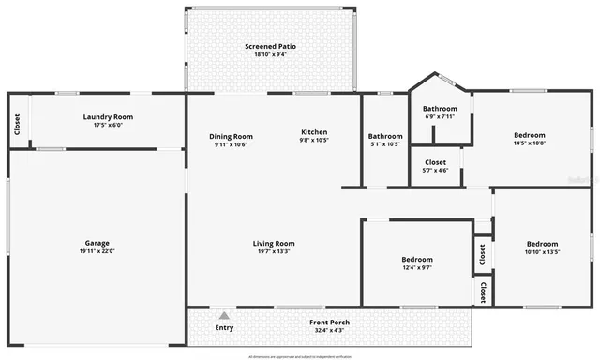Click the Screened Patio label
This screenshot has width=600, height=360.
270,46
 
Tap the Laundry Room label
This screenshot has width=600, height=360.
102,116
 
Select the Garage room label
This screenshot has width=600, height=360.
97,243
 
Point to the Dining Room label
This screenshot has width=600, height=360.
231,136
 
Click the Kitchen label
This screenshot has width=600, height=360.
314,132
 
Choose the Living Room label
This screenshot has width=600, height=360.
274,244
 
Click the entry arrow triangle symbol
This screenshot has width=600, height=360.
224,316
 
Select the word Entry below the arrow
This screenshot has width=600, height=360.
224,327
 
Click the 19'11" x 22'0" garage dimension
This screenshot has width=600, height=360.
97,251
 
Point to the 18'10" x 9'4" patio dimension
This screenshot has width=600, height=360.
270,54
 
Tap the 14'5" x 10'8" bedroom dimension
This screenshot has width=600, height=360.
530,142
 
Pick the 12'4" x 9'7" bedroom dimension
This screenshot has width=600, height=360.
417,267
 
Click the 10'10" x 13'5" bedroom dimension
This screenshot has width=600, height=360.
542,251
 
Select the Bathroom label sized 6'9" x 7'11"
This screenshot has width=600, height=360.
441,109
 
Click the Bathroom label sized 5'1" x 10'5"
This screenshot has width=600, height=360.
385,136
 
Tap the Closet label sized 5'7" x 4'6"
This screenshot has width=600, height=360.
436,162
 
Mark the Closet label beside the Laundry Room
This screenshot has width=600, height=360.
17,123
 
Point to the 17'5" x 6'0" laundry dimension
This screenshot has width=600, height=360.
102,125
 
